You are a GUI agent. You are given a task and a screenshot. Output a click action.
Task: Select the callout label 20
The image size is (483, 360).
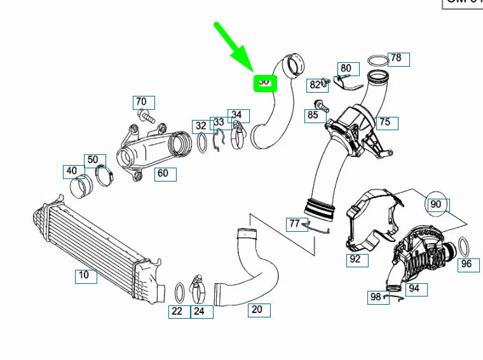pyautogui.click(x=257, y=310)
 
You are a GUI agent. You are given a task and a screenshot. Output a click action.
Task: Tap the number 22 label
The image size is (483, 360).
pyautogui.click(x=177, y=311)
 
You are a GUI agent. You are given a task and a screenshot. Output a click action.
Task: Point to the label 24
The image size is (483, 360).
pyautogui.click(x=199, y=311)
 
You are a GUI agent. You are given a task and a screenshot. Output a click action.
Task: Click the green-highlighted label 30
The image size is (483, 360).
pyautogui.click(x=264, y=83)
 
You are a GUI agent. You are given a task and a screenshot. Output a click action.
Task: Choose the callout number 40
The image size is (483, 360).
pyautogui.click(x=72, y=171)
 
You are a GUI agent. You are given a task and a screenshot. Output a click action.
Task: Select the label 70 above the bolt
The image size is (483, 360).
pyautogui.click(x=142, y=102)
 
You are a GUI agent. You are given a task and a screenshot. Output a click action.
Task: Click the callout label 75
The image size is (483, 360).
pyautogui.click(x=385, y=123)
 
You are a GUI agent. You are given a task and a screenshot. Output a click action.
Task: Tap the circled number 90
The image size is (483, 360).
pyautogui.click(x=436, y=204)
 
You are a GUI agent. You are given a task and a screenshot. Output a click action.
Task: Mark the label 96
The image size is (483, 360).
pyautogui.click(x=466, y=263)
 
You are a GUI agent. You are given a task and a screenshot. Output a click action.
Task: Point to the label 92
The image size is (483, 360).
pyautogui.click(x=355, y=259)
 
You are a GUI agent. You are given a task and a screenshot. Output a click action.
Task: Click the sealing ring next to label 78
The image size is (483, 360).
pyautogui.click(x=378, y=61)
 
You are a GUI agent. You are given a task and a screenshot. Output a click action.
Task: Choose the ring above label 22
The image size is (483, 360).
pyautogui.click(x=180, y=291)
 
